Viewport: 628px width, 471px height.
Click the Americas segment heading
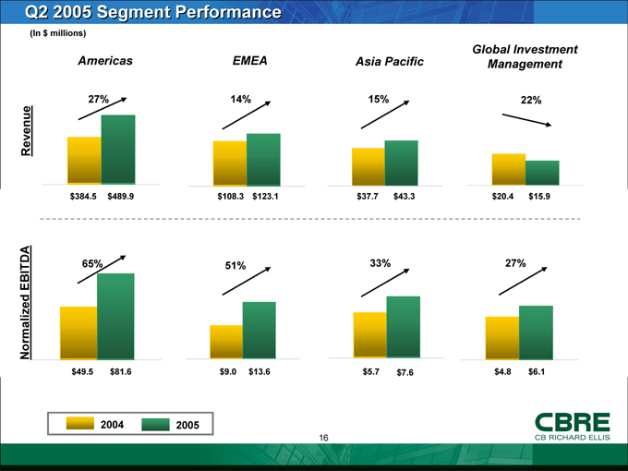pos(105,60)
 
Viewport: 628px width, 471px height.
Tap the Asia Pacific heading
pos(389,62)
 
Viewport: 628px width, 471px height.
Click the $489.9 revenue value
pos(121,196)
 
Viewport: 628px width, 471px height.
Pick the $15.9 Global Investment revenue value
pos(539,196)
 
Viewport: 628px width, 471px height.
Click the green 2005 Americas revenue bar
pos(118,149)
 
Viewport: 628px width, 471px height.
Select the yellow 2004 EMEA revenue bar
pos(230,163)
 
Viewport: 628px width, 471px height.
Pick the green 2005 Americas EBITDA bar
pos(115,315)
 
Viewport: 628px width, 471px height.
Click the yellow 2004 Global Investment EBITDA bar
pos(502,336)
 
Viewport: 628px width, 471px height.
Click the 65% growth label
pos(91,264)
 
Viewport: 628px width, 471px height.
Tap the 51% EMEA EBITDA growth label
pos(235,267)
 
